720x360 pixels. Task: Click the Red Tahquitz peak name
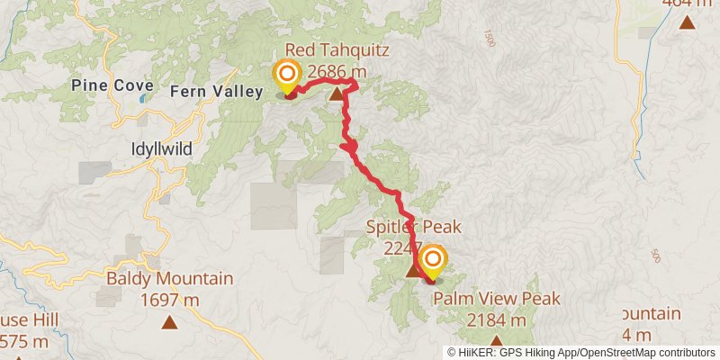(337, 50)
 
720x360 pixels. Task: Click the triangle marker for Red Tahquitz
(337, 94)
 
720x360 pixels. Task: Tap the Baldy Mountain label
(170, 280)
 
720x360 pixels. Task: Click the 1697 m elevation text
(170, 300)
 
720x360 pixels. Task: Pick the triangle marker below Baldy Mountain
(170, 321)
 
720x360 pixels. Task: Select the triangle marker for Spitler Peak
(413, 270)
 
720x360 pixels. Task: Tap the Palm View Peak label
(497, 299)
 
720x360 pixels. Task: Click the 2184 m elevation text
(497, 319)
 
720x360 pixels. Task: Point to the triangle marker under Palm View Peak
(496, 340)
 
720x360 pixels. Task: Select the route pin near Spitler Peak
(432, 262)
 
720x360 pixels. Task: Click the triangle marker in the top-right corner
(687, 22)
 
